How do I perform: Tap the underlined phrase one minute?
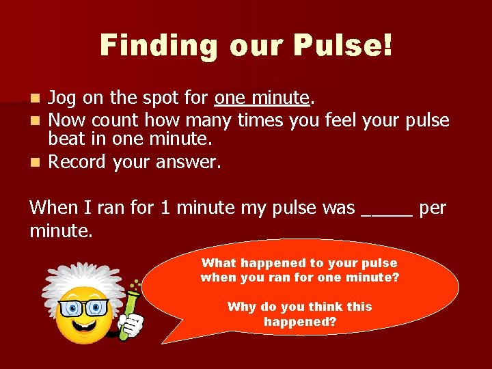click(262, 98)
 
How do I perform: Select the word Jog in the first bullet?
click(62, 98)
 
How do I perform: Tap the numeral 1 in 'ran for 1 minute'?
click(165, 208)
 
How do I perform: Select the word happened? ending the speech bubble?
click(300, 321)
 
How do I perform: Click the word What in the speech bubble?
click(218, 263)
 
